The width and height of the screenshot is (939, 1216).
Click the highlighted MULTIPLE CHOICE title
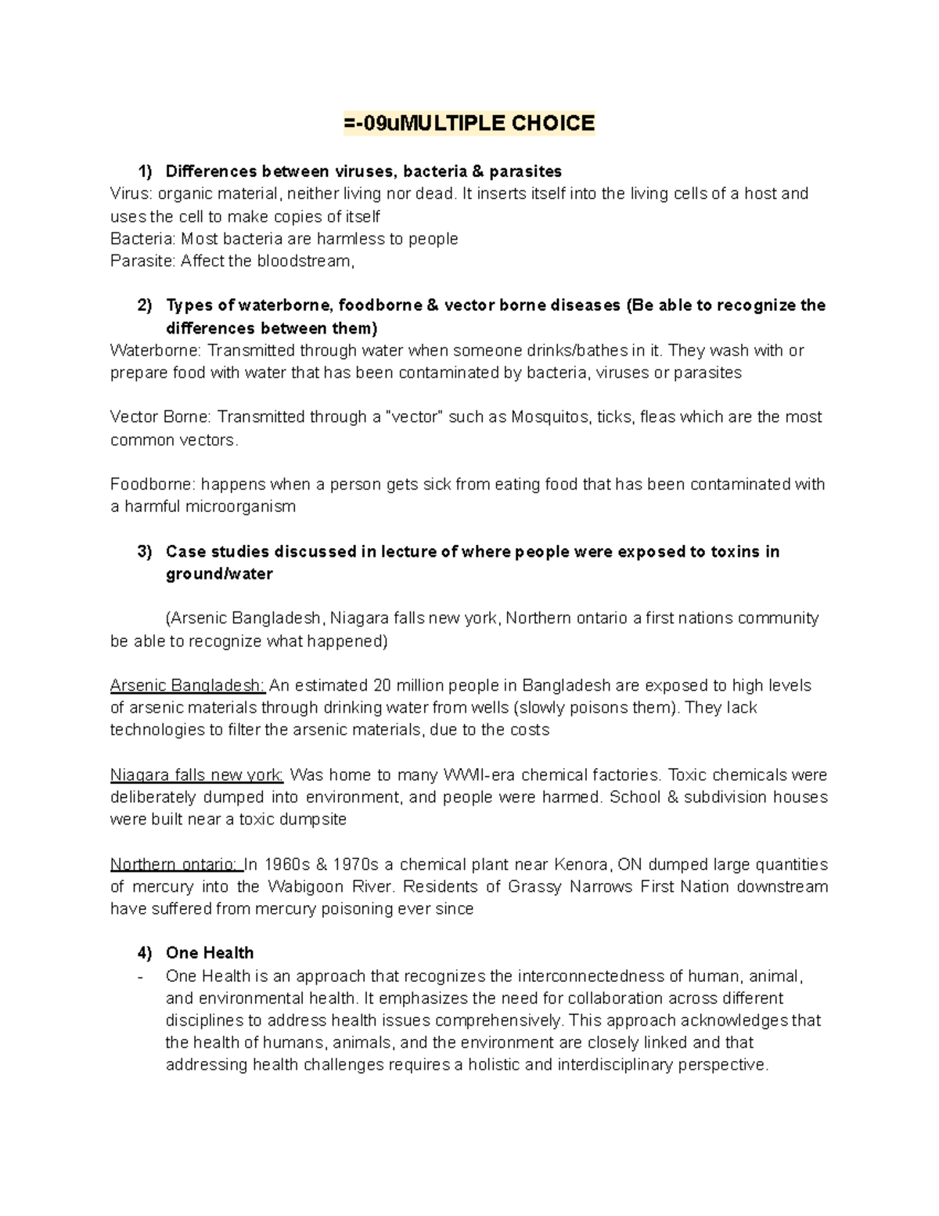pyautogui.click(x=469, y=123)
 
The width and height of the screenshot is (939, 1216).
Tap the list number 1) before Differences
pyautogui.click(x=145, y=171)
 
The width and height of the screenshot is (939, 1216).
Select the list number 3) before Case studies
pyautogui.click(x=145, y=551)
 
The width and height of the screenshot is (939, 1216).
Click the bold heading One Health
pyautogui.click(x=210, y=953)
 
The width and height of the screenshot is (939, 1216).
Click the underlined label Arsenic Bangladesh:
pyautogui.click(x=188, y=686)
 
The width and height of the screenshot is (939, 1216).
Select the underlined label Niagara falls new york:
pyautogui.click(x=196, y=775)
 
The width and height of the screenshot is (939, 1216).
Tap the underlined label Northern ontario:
pyautogui.click(x=176, y=864)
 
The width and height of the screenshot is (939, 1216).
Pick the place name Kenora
pyautogui.click(x=582, y=864)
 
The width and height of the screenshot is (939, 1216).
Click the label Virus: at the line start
pyautogui.click(x=129, y=193)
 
